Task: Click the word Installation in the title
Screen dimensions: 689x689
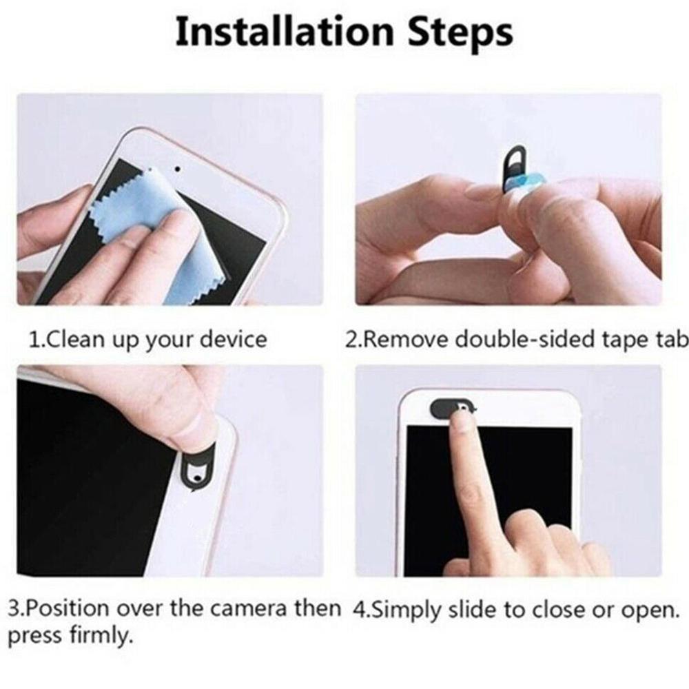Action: coord(283,32)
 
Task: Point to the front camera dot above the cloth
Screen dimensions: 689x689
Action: coord(177,167)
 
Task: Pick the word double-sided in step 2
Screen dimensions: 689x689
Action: coord(518,339)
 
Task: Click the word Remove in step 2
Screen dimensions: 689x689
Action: coord(407,339)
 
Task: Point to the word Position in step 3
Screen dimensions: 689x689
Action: coord(66,610)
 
